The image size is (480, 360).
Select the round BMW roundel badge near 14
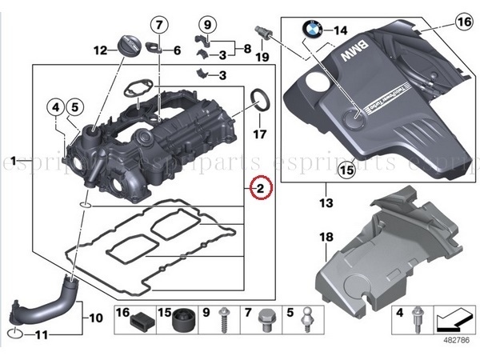tap(312, 31)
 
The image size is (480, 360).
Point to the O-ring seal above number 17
tap(260, 100)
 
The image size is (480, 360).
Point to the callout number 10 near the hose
tap(95, 318)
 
